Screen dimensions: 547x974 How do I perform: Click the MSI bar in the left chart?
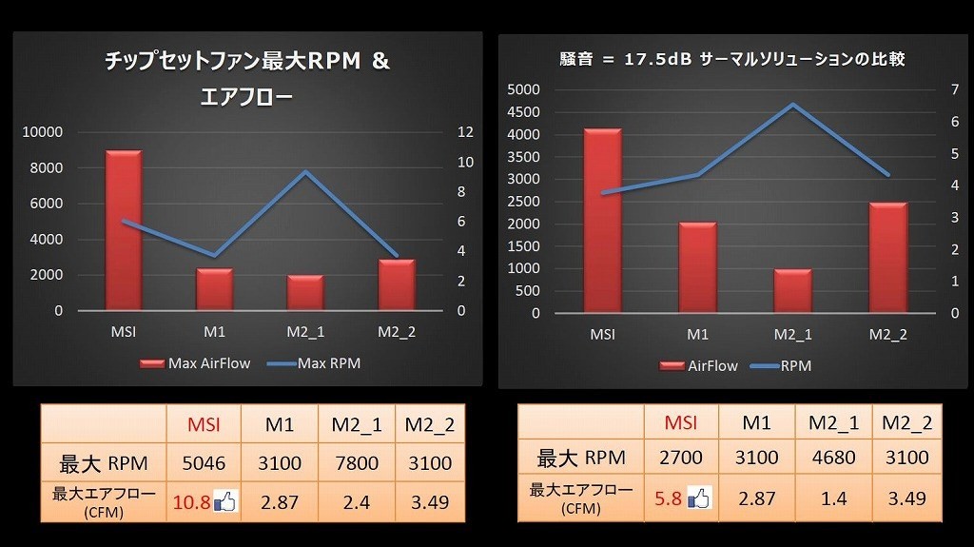(x=124, y=230)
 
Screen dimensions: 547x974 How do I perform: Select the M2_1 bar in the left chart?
(x=305, y=292)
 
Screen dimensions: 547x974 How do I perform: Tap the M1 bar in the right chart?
(x=697, y=267)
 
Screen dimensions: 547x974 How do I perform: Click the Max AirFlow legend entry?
(x=196, y=363)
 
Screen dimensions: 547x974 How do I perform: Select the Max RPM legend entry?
(x=315, y=363)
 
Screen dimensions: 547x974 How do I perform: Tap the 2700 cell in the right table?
(x=680, y=458)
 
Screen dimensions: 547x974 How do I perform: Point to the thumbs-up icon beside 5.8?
(x=699, y=497)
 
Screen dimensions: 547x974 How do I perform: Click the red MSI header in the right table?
(x=680, y=422)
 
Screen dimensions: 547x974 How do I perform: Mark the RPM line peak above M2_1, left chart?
(x=305, y=172)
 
